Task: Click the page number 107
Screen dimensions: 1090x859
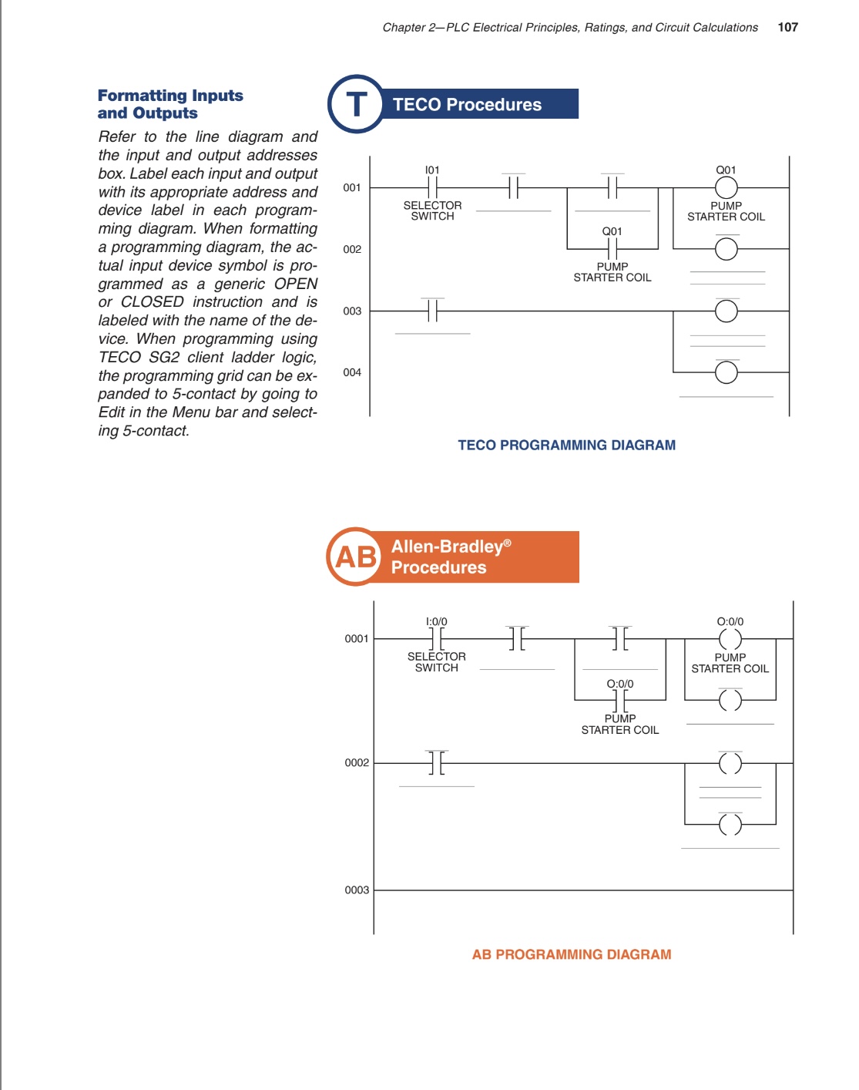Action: point(787,27)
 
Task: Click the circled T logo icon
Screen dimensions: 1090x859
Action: point(356,104)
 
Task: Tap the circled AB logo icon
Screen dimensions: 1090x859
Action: point(355,557)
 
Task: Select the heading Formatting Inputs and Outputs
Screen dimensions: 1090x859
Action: point(170,104)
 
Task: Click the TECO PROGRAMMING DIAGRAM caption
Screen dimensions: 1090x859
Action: point(566,445)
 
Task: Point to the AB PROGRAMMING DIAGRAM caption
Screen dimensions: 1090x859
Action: point(571,954)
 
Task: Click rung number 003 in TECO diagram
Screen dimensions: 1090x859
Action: point(352,311)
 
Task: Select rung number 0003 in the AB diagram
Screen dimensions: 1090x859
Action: point(357,890)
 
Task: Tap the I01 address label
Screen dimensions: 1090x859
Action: point(432,170)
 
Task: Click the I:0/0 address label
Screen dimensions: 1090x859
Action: point(436,621)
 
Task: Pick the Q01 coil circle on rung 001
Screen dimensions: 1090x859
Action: point(726,187)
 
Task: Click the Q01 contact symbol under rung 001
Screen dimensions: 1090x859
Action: point(612,249)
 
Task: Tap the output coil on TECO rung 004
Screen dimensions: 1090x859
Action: point(726,372)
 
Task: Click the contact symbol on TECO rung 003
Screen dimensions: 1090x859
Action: point(432,311)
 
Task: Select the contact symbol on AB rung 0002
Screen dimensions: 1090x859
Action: point(436,763)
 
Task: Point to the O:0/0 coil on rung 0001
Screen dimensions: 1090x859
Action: point(730,639)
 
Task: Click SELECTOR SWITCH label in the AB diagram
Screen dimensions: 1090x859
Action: point(436,662)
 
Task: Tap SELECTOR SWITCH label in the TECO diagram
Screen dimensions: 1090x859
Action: point(432,210)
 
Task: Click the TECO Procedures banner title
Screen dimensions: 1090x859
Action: point(467,105)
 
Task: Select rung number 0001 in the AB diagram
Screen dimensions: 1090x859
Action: point(357,638)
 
